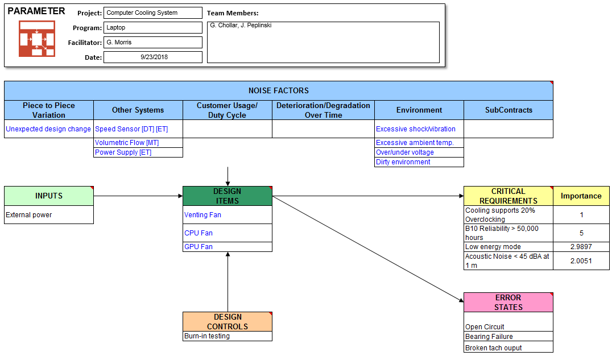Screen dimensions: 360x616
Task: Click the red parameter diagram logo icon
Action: click(x=37, y=39)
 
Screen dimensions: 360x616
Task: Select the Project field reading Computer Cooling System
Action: click(x=153, y=13)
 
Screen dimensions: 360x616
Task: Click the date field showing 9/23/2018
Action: click(x=153, y=57)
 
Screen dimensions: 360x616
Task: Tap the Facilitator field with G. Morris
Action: click(x=153, y=43)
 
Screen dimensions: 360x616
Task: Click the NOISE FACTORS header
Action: click(x=278, y=90)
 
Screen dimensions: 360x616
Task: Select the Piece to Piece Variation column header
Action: click(x=49, y=110)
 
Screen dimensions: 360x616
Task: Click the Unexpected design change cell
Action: click(x=48, y=129)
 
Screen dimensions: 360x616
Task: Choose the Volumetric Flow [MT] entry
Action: click(x=138, y=143)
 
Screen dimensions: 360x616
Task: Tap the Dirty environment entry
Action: click(x=419, y=162)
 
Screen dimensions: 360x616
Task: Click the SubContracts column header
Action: click(x=508, y=110)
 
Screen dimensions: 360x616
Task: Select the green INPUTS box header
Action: click(x=49, y=196)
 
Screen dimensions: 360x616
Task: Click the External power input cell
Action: click(x=49, y=215)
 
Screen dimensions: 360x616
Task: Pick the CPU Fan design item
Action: click(x=227, y=233)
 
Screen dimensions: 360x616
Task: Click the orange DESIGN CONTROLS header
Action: click(x=227, y=322)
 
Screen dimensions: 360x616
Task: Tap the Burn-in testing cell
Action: click(x=227, y=336)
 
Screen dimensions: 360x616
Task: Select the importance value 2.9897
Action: click(x=581, y=247)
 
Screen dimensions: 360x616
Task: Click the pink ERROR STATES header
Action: click(x=508, y=302)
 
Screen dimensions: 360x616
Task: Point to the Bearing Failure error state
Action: click(x=508, y=337)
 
